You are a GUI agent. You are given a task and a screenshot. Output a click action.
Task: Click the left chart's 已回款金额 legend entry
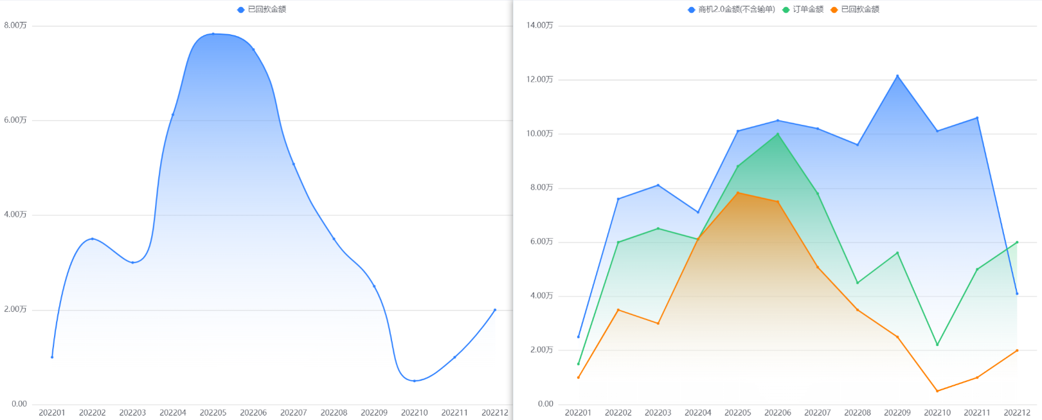(262, 9)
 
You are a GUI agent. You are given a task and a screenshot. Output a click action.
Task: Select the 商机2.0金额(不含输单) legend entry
(732, 9)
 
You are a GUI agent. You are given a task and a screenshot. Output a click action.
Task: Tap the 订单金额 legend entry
(803, 9)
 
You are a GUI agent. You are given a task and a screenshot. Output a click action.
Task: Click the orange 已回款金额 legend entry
(855, 9)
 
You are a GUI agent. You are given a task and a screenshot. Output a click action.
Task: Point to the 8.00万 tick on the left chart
(15, 25)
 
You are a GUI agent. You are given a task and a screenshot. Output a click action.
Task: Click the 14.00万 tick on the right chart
(539, 25)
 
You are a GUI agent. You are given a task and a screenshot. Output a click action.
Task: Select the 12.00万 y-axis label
(539, 80)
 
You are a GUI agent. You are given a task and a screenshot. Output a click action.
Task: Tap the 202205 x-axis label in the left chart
(213, 412)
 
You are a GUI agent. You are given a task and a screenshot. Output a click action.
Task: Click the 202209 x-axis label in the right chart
(897, 412)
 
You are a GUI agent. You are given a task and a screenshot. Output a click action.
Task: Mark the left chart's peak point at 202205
(213, 33)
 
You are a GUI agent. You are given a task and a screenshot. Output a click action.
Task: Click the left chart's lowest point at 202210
(415, 381)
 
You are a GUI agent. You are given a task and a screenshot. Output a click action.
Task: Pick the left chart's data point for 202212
(495, 309)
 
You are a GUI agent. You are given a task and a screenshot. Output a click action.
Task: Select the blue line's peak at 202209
(897, 76)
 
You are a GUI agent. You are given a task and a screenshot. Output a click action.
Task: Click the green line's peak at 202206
(778, 134)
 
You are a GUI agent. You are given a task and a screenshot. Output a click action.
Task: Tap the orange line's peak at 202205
(738, 193)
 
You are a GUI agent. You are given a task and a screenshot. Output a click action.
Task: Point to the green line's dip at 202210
(937, 345)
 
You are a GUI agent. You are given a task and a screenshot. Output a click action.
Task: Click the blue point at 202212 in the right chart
(1017, 293)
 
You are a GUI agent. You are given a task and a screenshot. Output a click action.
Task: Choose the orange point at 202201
(579, 377)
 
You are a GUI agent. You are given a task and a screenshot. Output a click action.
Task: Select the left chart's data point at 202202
(92, 239)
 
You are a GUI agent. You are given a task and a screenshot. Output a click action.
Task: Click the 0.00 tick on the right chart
(546, 404)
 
